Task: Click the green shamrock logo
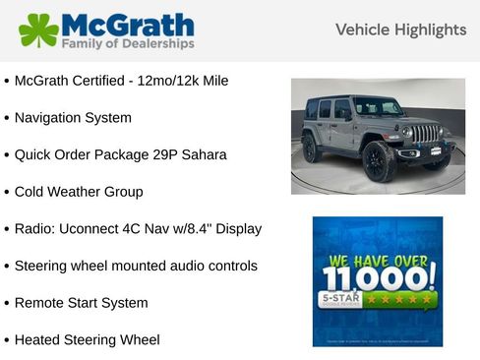click(39, 30)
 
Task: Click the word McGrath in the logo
click(127, 24)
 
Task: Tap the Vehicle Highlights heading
click(400, 30)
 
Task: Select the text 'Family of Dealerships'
click(127, 44)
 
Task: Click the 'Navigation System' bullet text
click(73, 117)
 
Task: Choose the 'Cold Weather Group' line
click(79, 192)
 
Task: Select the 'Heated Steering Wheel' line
click(87, 340)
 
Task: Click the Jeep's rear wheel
click(311, 148)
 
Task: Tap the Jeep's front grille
click(424, 133)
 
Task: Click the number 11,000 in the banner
click(377, 276)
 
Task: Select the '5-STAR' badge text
click(337, 296)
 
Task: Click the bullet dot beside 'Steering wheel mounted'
click(7, 267)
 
